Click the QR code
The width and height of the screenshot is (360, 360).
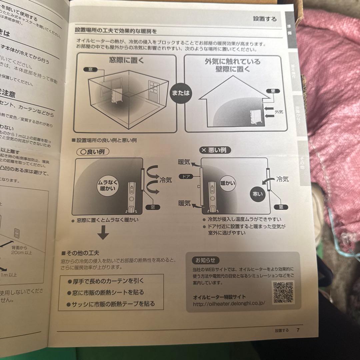pyautogui.click(x=283, y=292)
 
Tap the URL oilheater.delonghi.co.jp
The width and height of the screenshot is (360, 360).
pyautogui.click(x=229, y=303)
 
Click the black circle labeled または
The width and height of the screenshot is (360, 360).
pyautogui.click(x=180, y=93)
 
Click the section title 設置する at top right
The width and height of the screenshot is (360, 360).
pyautogui.click(x=265, y=19)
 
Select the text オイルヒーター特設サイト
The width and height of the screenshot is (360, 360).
pyautogui.click(x=219, y=297)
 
